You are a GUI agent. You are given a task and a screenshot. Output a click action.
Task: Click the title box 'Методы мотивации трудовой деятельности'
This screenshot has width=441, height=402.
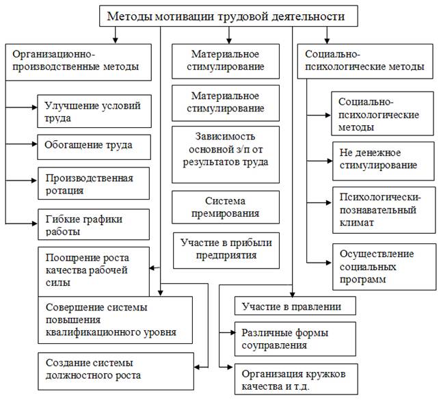[228, 16]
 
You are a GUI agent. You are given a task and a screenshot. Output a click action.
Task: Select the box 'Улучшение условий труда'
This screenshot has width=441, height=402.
[94, 111]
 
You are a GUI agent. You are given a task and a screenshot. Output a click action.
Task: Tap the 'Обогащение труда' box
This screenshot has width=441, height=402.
[94, 147]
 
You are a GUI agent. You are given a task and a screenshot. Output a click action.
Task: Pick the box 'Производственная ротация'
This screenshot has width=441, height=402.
[94, 183]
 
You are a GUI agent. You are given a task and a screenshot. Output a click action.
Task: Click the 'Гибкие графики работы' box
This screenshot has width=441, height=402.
[94, 224]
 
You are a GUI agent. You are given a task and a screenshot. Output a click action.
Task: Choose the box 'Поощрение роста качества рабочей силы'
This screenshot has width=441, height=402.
[94, 271]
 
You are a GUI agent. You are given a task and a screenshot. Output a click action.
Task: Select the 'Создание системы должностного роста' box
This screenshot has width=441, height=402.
[116, 371]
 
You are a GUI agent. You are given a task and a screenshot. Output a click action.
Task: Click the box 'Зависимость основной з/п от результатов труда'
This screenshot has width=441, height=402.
[226, 155]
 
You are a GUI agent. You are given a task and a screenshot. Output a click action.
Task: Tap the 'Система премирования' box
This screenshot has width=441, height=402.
[226, 207]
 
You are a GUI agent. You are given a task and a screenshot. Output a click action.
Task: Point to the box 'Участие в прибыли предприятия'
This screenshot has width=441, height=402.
[226, 250]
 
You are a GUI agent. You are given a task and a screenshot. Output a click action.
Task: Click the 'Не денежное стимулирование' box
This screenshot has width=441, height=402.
[384, 161]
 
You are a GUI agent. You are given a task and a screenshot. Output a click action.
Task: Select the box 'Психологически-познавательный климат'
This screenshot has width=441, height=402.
[384, 210]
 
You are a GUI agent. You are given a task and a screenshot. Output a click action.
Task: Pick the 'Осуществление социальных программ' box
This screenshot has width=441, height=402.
[384, 267]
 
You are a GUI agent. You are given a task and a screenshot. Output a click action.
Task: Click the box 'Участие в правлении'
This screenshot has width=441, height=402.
[295, 306]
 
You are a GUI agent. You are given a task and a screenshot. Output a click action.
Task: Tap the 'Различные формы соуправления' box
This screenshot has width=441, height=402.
[295, 339]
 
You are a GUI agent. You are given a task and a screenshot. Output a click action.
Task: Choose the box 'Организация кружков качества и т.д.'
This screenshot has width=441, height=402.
[296, 379]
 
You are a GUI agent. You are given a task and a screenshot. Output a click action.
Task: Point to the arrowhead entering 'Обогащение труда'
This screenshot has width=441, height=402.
[35, 144]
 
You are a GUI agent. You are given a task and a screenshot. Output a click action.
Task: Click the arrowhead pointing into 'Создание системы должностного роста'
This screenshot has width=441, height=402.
[197, 367]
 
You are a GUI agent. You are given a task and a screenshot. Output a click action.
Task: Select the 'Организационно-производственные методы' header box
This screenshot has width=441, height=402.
[78, 62]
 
